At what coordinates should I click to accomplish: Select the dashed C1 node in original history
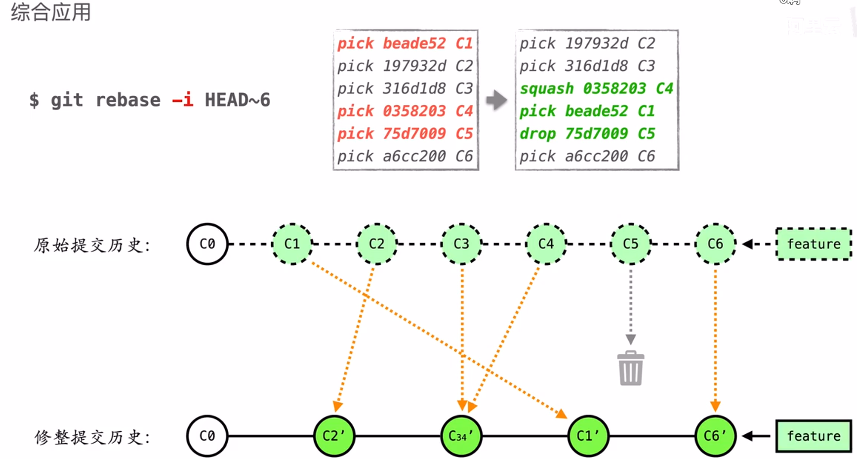pos(292,244)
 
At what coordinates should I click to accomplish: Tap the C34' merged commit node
pos(461,436)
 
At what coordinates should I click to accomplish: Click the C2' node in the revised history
pos(334,436)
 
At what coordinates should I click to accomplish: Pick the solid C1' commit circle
pos(588,436)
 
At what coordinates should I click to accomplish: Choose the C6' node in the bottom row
pos(715,436)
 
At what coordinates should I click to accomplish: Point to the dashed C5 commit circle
pos(631,244)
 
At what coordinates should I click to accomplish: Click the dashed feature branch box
pos(814,244)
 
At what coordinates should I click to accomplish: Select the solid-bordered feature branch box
pos(814,436)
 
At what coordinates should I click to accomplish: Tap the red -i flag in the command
pos(182,100)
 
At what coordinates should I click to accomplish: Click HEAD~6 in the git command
pos(238,100)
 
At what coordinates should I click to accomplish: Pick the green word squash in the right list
pos(547,88)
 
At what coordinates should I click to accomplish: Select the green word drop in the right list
pos(537,133)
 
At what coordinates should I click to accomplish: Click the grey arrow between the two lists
pos(496,100)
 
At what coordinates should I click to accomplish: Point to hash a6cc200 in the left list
pos(414,156)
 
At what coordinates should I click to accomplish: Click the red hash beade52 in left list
pos(414,43)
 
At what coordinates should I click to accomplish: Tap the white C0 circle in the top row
pos(207,244)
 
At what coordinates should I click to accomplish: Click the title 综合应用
pos(51,12)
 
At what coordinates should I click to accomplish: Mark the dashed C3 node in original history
pos(461,244)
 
